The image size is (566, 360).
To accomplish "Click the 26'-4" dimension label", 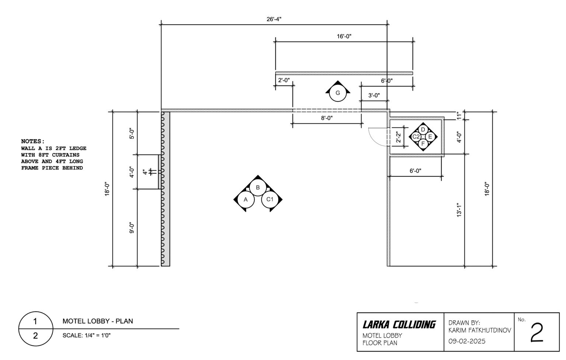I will [274, 19].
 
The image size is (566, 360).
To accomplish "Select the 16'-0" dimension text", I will [344, 36].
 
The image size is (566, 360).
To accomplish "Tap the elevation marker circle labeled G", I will [338, 93].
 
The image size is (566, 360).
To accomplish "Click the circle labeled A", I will [246, 200].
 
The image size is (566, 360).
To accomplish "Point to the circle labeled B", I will [258, 188].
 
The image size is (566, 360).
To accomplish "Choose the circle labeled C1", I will [270, 200].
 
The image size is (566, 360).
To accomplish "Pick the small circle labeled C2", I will [416, 137].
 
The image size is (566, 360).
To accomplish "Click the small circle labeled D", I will [423, 130].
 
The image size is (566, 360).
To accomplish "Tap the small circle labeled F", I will [423, 144].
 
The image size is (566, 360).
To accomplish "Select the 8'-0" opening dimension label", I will [326, 118].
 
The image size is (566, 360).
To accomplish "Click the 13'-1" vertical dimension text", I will [460, 210].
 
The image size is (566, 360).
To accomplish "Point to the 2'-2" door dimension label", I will [398, 137].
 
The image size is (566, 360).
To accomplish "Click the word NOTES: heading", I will [33, 141].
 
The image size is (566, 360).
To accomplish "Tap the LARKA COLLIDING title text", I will [399, 325].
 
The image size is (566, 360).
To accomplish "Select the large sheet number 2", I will [537, 333].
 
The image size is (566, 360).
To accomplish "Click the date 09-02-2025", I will [467, 341].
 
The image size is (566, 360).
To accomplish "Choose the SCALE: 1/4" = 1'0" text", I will [87, 336].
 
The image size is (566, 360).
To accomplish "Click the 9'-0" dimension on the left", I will [132, 227].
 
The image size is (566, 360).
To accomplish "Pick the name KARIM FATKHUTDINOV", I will [480, 331].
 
